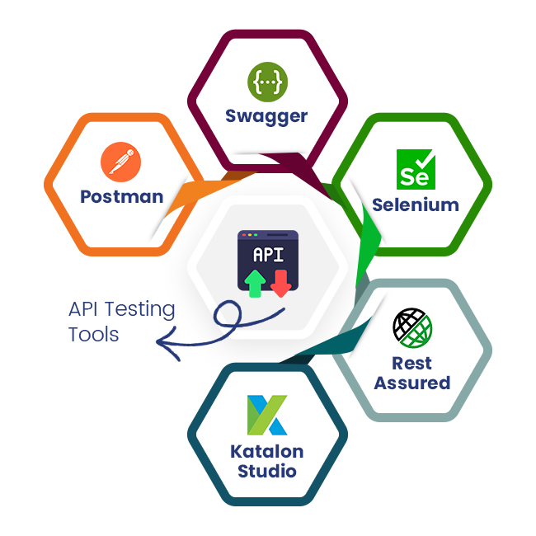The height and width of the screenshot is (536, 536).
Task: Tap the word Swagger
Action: (x=266, y=116)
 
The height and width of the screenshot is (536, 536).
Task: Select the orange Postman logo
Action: (x=121, y=162)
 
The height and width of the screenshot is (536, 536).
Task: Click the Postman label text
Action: (x=121, y=196)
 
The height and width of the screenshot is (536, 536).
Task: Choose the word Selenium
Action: (x=415, y=205)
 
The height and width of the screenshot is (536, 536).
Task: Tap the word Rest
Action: (x=412, y=363)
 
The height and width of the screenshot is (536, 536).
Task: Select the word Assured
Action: (x=412, y=383)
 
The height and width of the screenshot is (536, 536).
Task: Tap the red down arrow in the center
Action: (x=281, y=282)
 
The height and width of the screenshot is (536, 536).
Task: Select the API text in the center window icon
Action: (x=267, y=254)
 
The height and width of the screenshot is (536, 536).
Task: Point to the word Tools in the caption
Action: (x=93, y=334)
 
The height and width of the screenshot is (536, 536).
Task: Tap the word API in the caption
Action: (x=83, y=310)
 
